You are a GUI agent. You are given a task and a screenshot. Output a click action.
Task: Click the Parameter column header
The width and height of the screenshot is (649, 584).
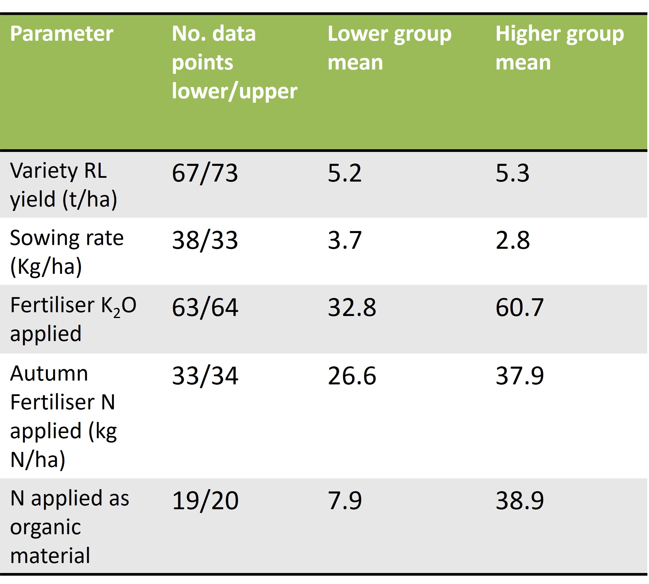pos(61,34)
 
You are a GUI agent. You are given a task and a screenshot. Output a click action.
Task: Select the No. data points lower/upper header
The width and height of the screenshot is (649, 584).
pos(234,63)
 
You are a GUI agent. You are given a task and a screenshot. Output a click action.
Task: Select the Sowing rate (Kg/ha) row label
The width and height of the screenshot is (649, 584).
pos(66,252)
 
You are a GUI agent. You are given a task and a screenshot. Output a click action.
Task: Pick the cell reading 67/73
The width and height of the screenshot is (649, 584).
pos(205,173)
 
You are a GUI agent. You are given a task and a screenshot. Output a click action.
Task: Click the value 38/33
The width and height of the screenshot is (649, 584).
pos(205,240)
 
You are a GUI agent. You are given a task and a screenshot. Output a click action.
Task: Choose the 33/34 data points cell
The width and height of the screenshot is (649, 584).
pos(205,376)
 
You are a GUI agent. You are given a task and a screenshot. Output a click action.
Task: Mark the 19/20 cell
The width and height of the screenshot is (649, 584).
pos(205,501)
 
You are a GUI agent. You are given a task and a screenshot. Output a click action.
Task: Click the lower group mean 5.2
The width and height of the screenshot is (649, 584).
pos(344,173)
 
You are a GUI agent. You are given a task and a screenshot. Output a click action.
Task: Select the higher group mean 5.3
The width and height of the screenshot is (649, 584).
pos(512,173)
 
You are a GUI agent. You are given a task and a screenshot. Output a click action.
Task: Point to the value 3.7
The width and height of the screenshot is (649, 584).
pos(344,240)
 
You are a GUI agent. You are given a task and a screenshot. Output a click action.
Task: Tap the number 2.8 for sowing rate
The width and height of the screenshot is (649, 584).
pos(512,240)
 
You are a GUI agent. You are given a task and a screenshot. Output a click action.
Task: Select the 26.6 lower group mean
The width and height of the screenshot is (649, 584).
pos(352,376)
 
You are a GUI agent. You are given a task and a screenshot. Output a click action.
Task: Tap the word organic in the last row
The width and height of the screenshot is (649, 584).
pos(45,527)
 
